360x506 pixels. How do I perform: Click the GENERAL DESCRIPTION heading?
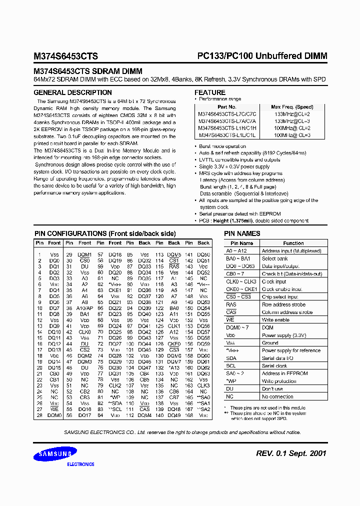click(72, 92)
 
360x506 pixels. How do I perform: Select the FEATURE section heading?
click(209, 92)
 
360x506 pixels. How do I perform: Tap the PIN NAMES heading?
click(242, 233)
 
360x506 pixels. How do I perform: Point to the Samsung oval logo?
click(53, 454)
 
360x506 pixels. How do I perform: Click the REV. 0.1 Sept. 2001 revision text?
click(291, 453)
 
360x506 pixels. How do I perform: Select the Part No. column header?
click(226, 107)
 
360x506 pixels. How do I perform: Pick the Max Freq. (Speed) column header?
click(292, 107)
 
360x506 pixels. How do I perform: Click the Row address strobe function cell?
click(283, 304)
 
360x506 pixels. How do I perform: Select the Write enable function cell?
click(275, 319)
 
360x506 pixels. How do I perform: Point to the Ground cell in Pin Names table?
click(270, 343)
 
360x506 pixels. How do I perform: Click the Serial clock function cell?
click(274, 366)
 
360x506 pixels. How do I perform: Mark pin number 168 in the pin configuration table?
click(188, 414)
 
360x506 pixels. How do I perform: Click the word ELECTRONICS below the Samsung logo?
click(80, 464)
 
